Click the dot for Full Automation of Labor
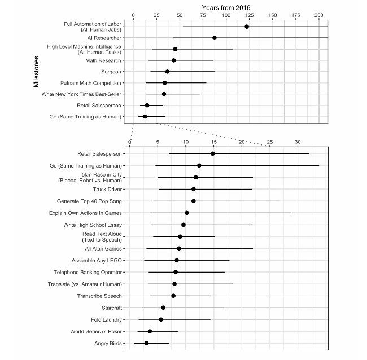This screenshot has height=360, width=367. click(247, 27)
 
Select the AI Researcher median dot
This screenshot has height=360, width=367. click(215, 38)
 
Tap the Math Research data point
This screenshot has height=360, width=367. click(173, 60)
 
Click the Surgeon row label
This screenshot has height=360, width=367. click(111, 72)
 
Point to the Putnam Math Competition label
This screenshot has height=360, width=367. click(90, 83)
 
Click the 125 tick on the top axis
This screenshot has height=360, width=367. click(249, 15)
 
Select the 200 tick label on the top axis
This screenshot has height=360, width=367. click(319, 15)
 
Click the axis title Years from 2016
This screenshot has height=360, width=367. click(226, 8)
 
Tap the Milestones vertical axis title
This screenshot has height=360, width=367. click(36, 72)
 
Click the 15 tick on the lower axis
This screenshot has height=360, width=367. click(213, 142)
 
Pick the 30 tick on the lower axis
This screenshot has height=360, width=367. click(298, 142)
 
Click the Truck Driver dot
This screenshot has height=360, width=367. click(194, 189)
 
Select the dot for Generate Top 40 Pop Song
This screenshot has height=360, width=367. click(194, 201)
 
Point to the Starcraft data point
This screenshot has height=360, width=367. click(163, 308)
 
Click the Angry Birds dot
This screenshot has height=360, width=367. click(147, 343)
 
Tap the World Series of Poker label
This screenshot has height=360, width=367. click(96, 331)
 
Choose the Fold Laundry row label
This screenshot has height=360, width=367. click(106, 320)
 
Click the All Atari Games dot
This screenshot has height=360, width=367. click(179, 248)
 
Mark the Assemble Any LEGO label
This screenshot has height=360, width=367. click(97, 261)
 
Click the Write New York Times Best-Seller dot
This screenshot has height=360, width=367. click(164, 94)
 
